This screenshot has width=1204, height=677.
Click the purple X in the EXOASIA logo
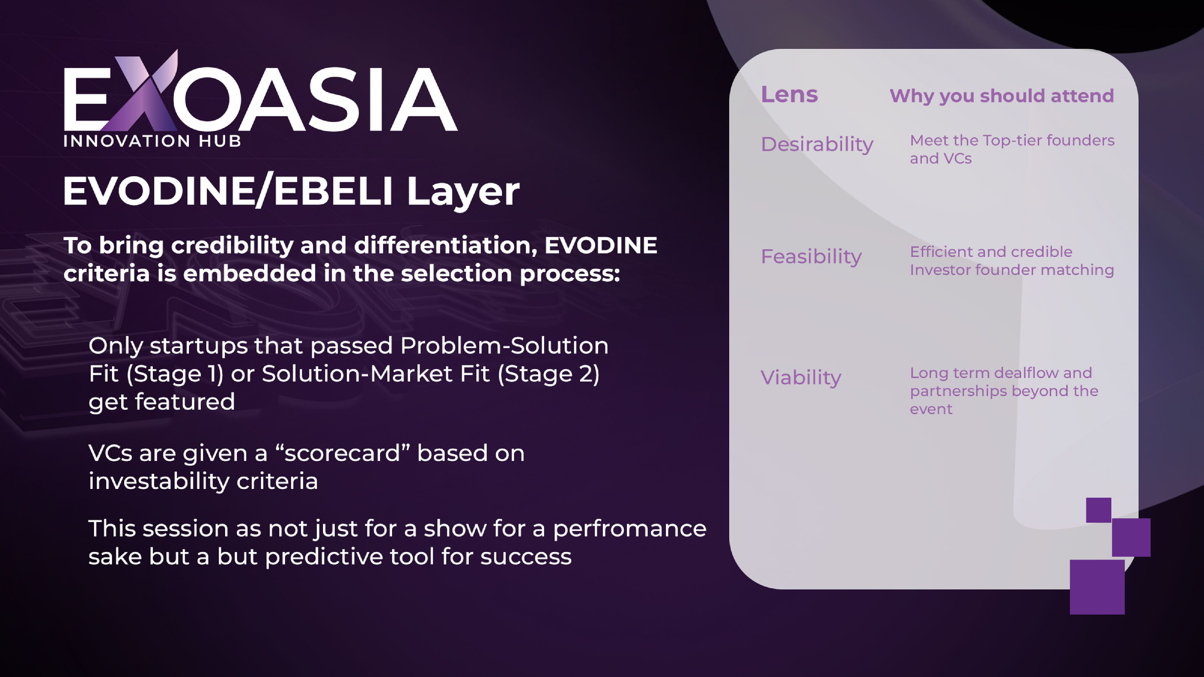pyautogui.click(x=140, y=91)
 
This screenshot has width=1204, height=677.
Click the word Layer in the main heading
pyautogui.click(x=463, y=192)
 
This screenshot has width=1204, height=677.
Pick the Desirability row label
pyautogui.click(x=817, y=144)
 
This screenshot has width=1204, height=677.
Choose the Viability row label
pyautogui.click(x=801, y=378)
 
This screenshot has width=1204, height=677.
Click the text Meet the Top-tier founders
pyautogui.click(x=1012, y=140)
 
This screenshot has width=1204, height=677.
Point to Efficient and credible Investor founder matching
pyautogui.click(x=1012, y=261)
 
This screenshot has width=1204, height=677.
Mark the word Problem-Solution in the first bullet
pyautogui.click(x=504, y=346)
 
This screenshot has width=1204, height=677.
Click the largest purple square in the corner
pyautogui.click(x=1097, y=587)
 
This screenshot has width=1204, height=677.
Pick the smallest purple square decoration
pyautogui.click(x=1098, y=510)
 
